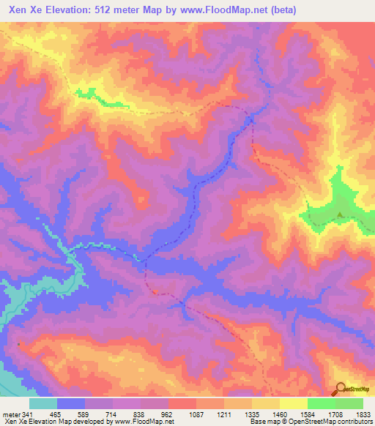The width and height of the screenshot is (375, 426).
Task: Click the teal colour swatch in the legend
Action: click(x=43, y=403)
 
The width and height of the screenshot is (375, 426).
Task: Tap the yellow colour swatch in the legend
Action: click(x=293, y=403)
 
